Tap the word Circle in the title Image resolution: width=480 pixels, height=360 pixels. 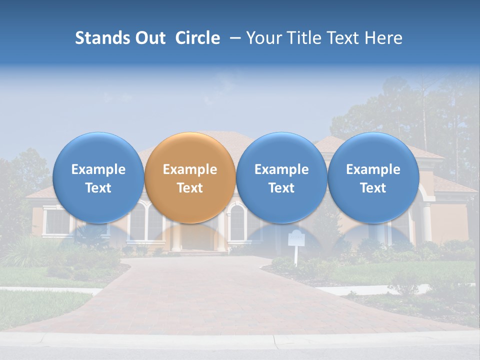click(197, 38)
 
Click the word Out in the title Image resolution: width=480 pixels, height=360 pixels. click(150, 38)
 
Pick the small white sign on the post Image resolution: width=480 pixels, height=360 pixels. click(296, 238)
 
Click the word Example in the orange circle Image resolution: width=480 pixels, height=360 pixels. click(190, 169)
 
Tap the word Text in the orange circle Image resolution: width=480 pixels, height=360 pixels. click(190, 188)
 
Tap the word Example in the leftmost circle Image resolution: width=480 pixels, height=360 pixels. click(98, 169)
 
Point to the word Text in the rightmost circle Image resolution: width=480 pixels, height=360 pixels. click(373, 188)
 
